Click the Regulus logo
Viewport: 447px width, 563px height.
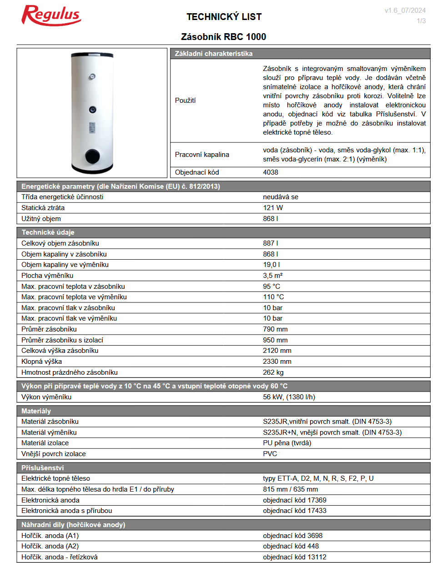coord(51,15)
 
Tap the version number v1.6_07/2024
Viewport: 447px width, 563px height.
coord(405,10)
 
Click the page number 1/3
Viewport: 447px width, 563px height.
coord(421,21)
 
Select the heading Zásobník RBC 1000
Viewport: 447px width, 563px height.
coord(223,37)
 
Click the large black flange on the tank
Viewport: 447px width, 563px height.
coord(92,156)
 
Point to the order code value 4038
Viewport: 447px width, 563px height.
coord(271,172)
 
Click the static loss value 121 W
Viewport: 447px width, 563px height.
coord(273,208)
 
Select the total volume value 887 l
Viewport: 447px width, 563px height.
coord(271,243)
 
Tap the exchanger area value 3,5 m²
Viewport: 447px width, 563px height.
coord(273,276)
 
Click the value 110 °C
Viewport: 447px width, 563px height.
coord(273,297)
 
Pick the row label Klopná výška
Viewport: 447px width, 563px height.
coord(41,362)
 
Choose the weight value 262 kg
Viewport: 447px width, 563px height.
coord(273,372)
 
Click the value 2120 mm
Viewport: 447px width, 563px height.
coord(277,351)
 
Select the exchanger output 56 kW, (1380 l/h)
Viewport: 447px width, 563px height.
coord(289,397)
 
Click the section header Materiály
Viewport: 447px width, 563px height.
coord(36,411)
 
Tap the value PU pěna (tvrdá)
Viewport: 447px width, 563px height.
coord(287,443)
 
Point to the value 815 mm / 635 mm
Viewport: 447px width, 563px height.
coord(290,489)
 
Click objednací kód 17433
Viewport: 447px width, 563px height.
coord(295,511)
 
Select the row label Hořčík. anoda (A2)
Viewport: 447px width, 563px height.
coord(50,546)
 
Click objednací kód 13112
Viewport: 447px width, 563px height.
coord(295,557)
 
